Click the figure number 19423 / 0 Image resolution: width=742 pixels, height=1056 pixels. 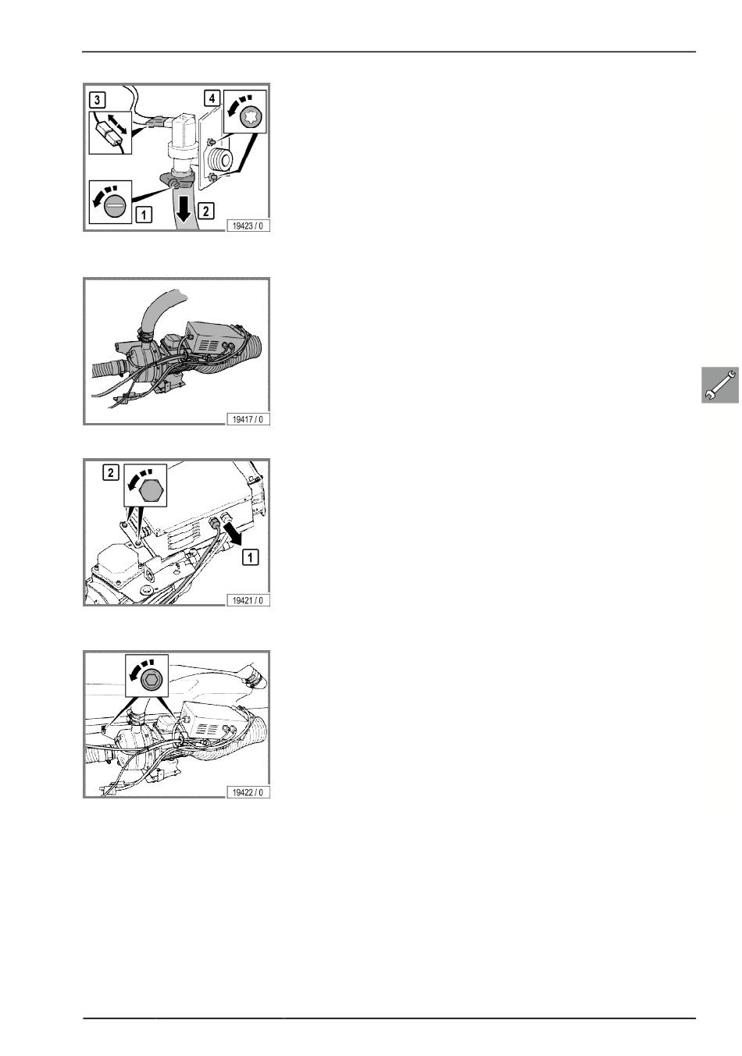[248, 226]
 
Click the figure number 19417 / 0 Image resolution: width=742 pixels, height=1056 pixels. [248, 419]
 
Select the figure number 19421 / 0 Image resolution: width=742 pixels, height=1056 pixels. [248, 600]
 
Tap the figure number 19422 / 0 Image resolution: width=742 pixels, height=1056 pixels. [248, 792]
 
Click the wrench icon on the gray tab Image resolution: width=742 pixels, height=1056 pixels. [720, 385]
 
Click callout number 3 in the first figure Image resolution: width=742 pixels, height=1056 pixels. [97, 100]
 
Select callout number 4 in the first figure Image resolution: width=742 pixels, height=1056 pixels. [212, 98]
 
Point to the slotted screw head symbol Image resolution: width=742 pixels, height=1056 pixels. [113, 205]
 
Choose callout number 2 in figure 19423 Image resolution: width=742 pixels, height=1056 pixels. [206, 211]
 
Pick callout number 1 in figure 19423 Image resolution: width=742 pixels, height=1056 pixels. [144, 215]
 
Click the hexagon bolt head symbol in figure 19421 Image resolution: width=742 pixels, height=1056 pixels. [151, 492]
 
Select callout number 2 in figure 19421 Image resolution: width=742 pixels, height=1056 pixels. [111, 472]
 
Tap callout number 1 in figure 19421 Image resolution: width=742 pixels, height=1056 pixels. [250, 557]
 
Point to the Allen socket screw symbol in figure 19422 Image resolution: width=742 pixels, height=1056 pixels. [152, 681]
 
